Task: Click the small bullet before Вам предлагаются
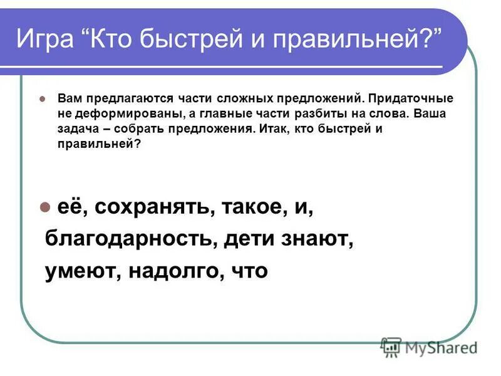[x=43, y=99]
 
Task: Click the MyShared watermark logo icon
[x=391, y=347]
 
